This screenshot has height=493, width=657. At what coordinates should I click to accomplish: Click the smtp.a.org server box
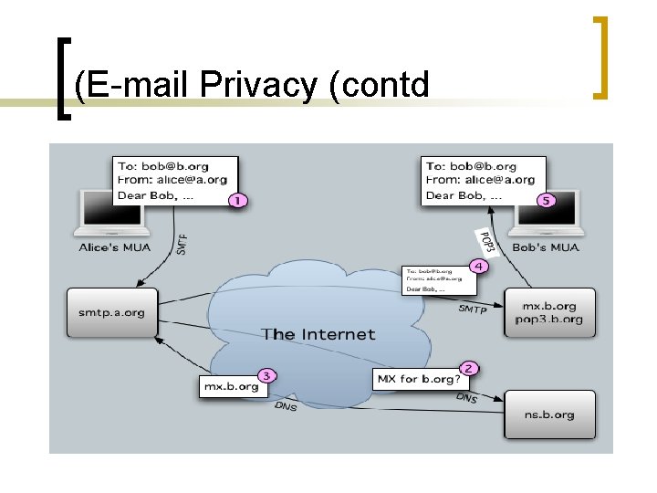click(x=112, y=313)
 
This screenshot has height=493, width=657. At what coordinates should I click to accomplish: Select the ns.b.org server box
click(x=549, y=414)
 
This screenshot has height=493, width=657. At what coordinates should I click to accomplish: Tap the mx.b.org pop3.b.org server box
click(x=549, y=313)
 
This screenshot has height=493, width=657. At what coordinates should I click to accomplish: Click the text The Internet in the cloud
click(x=318, y=334)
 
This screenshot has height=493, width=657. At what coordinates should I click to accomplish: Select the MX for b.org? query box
click(x=417, y=378)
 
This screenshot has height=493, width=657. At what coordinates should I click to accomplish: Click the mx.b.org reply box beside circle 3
click(x=230, y=386)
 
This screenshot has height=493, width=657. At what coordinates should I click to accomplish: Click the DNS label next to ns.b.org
click(x=466, y=398)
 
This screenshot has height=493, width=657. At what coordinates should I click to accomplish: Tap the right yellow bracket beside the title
click(x=600, y=57)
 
